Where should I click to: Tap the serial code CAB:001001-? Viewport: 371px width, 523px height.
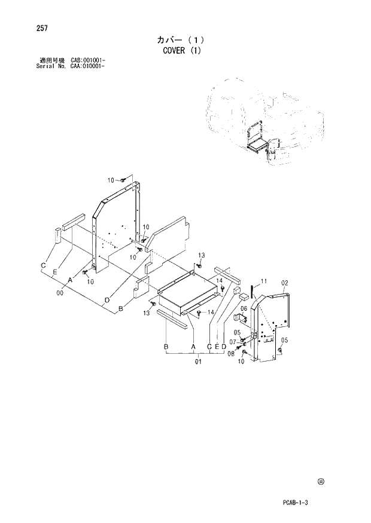(x=88, y=60)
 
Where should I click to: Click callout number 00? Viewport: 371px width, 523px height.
(x=60, y=293)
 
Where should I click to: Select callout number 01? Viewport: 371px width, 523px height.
(x=198, y=361)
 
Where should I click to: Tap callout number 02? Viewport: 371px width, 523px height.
(x=285, y=283)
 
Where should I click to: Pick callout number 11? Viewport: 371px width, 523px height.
(x=264, y=281)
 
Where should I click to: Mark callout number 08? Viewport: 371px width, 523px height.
(x=231, y=353)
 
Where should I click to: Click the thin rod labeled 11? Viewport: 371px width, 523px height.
(x=254, y=290)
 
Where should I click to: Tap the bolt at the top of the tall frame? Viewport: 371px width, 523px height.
(x=123, y=179)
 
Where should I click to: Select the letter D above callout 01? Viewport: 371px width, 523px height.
(x=223, y=347)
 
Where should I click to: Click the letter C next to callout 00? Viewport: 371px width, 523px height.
(x=44, y=265)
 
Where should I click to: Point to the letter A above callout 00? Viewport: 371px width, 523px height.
(x=70, y=280)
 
